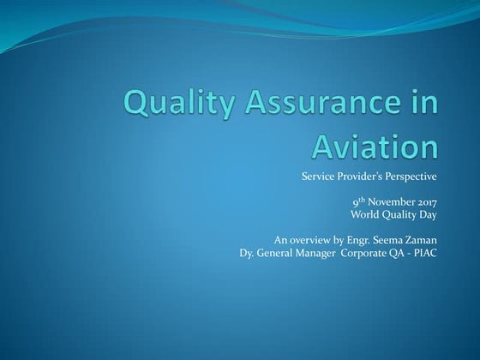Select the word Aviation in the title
pyautogui.click(x=375, y=146)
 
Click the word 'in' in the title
pyautogui.click(x=423, y=106)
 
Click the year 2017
pyautogui.click(x=425, y=201)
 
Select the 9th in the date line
pyautogui.click(x=357, y=201)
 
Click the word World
pyautogui.click(x=367, y=214)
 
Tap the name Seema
pyautogui.click(x=392, y=239)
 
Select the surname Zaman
pyautogui.click(x=423, y=239)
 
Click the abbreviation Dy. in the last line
pyautogui.click(x=249, y=252)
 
